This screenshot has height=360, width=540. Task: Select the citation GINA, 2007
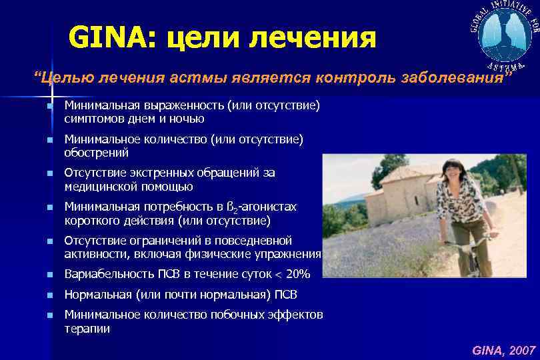503,349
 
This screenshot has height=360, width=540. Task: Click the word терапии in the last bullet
87,328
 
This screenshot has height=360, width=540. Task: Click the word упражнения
288,253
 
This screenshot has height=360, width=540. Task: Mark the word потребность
172,207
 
